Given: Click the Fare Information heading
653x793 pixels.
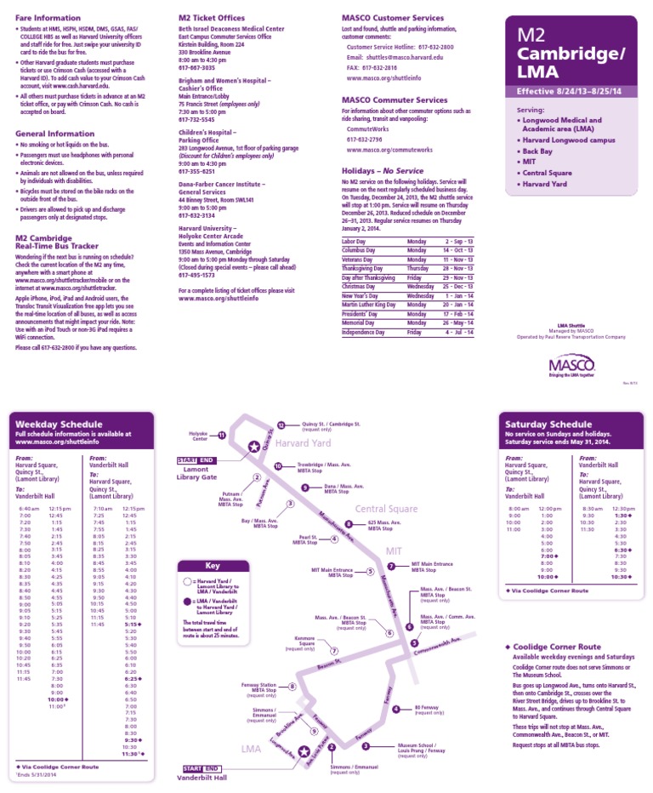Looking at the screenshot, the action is coord(47,17).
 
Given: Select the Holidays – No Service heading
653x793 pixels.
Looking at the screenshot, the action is coord(370,171).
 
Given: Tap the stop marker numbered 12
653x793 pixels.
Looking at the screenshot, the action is coord(281,425).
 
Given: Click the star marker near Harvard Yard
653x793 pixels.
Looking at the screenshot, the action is coord(253,447).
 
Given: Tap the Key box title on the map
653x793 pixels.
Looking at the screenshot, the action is coord(213,565).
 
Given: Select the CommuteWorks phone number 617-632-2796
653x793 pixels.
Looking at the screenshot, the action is coord(364,139).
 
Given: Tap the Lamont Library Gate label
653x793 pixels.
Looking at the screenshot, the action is coord(196,473).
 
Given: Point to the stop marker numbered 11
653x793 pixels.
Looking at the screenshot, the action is coord(222,435).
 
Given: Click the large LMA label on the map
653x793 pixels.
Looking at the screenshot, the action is coord(251,749).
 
